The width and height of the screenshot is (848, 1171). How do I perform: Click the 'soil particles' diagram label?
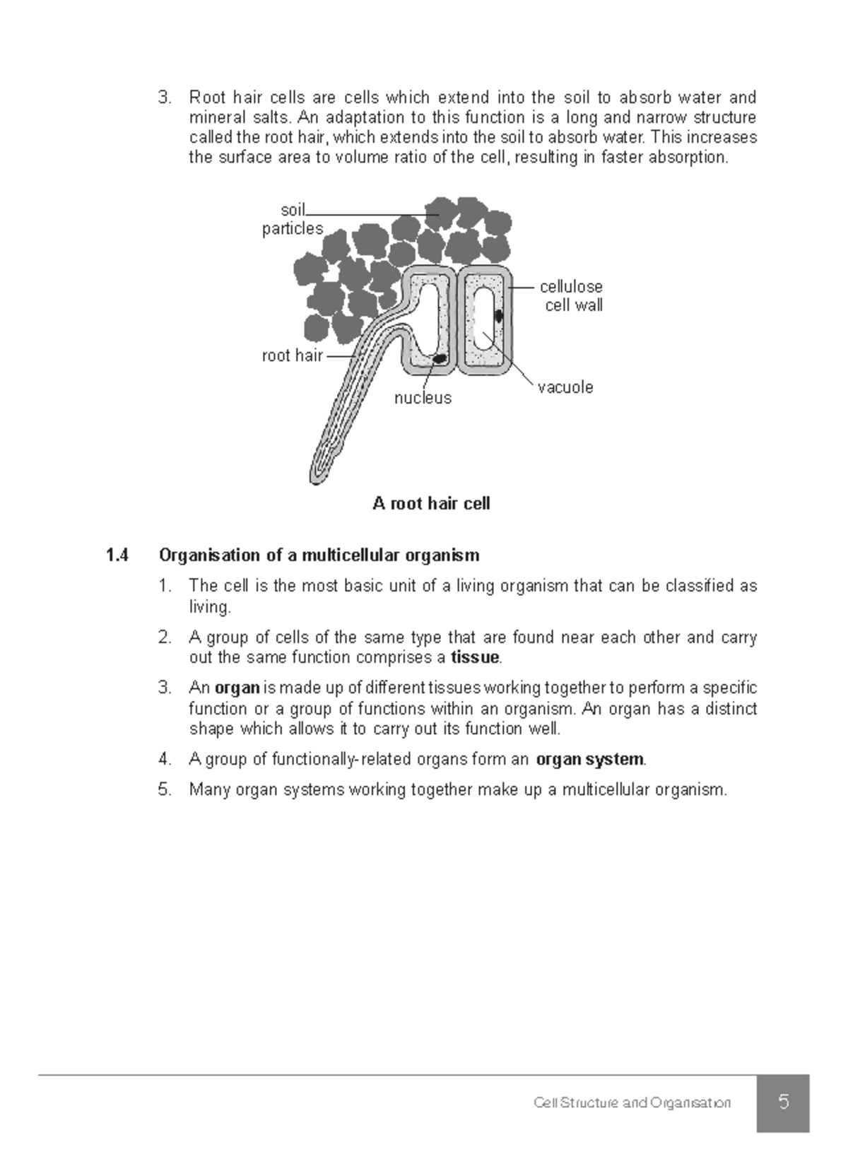tap(293, 219)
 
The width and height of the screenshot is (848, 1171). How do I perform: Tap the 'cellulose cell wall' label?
tap(572, 295)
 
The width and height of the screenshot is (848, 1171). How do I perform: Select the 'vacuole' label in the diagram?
tap(565, 387)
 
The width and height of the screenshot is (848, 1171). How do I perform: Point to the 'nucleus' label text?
tap(423, 398)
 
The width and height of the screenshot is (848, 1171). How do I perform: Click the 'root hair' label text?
tap(292, 355)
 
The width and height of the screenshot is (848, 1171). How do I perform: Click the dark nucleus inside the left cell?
tap(440, 359)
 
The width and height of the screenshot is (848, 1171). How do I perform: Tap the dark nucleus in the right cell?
tap(499, 315)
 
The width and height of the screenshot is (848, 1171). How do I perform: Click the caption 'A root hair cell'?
tap(431, 504)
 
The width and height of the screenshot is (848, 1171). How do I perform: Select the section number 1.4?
tap(117, 555)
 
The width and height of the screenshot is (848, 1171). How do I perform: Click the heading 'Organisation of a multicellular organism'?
tap(319, 555)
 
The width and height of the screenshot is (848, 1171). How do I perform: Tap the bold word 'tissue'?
tap(475, 658)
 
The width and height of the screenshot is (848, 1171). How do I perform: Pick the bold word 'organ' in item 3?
tap(237, 688)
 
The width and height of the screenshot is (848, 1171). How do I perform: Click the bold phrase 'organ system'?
tap(589, 760)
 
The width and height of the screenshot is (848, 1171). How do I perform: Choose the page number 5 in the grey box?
tap(783, 1102)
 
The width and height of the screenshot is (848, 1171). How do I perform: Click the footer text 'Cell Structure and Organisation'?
tap(632, 1103)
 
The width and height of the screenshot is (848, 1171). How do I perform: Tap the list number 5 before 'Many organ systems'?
tap(165, 790)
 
